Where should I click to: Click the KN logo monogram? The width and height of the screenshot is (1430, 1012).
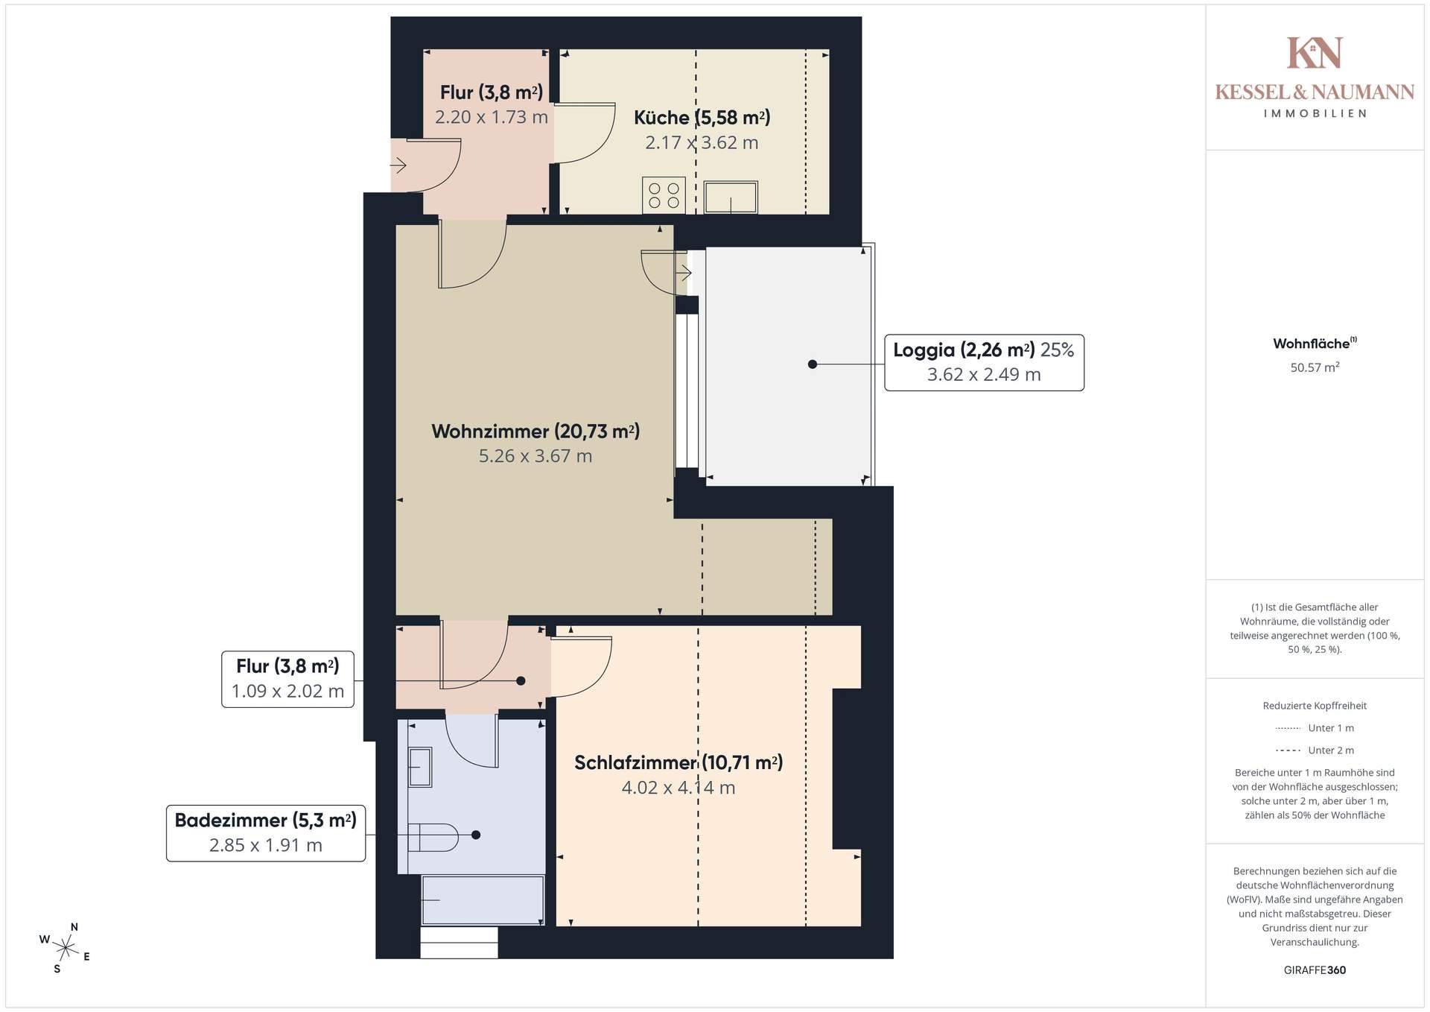click(x=1315, y=53)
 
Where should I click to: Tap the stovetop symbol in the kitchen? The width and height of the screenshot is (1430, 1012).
click(x=664, y=195)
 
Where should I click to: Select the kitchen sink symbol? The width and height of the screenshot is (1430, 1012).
click(x=731, y=197)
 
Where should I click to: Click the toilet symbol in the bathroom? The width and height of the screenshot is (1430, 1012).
click(x=433, y=837)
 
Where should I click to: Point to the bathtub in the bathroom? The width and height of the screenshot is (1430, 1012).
click(x=483, y=900)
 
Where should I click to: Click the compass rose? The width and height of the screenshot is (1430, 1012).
click(x=66, y=948)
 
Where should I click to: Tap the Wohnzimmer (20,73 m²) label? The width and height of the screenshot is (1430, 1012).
click(x=536, y=431)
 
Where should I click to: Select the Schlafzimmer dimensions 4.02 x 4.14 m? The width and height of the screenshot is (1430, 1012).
click(x=679, y=788)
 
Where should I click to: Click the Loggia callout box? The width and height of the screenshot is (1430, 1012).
click(x=984, y=363)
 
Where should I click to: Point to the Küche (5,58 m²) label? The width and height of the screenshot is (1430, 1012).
click(x=702, y=118)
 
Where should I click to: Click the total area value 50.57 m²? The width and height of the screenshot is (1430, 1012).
click(x=1315, y=367)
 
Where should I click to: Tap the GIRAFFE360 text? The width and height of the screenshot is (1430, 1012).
click(x=1315, y=970)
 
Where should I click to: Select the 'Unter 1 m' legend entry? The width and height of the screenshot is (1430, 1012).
click(x=1315, y=728)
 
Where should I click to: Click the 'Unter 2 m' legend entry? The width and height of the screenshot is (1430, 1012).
click(x=1315, y=750)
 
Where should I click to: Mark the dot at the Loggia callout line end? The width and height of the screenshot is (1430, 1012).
click(x=813, y=364)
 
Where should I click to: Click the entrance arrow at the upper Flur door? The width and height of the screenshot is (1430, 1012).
click(x=398, y=165)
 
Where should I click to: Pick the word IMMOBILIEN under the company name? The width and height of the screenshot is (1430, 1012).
click(x=1315, y=114)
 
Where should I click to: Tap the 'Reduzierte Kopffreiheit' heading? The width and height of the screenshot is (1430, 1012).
click(x=1315, y=706)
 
